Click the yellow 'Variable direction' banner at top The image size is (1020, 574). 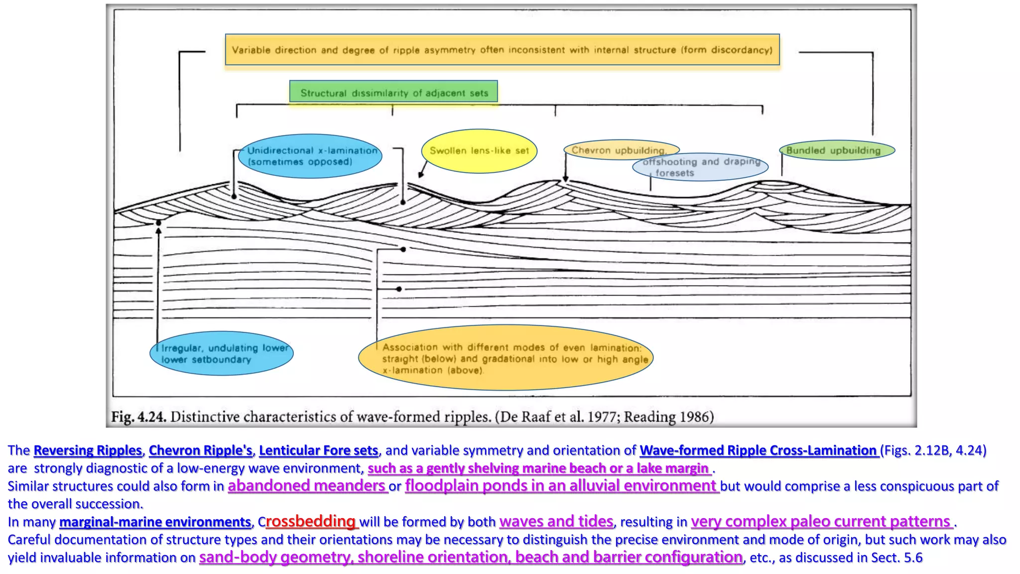pyautogui.click(x=502, y=49)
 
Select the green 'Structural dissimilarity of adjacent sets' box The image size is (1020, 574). pyautogui.click(x=393, y=92)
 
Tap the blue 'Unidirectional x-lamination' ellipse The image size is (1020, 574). pyautogui.click(x=310, y=156)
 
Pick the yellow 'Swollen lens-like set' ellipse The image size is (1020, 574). pyautogui.click(x=479, y=150)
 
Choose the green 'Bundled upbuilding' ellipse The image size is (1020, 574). pyautogui.click(x=837, y=150)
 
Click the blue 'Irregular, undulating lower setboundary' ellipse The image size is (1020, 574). pyautogui.click(x=221, y=353)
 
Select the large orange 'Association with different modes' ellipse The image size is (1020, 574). pyautogui.click(x=506, y=358)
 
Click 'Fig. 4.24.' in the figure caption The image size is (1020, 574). pyautogui.click(x=138, y=417)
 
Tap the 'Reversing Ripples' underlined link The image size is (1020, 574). pyautogui.click(x=88, y=450)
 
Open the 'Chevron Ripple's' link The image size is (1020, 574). pyautogui.click(x=200, y=450)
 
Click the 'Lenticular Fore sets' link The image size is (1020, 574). pyautogui.click(x=318, y=450)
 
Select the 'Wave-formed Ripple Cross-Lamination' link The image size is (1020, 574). pyautogui.click(x=759, y=450)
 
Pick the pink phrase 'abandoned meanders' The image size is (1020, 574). pyautogui.click(x=307, y=485)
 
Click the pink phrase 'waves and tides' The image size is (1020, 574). pyautogui.click(x=556, y=521)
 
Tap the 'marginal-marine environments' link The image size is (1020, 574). pyautogui.click(x=155, y=522)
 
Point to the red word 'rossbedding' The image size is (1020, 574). pyautogui.click(x=311, y=521)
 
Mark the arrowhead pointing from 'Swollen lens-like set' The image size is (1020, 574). pyautogui.click(x=421, y=175)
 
